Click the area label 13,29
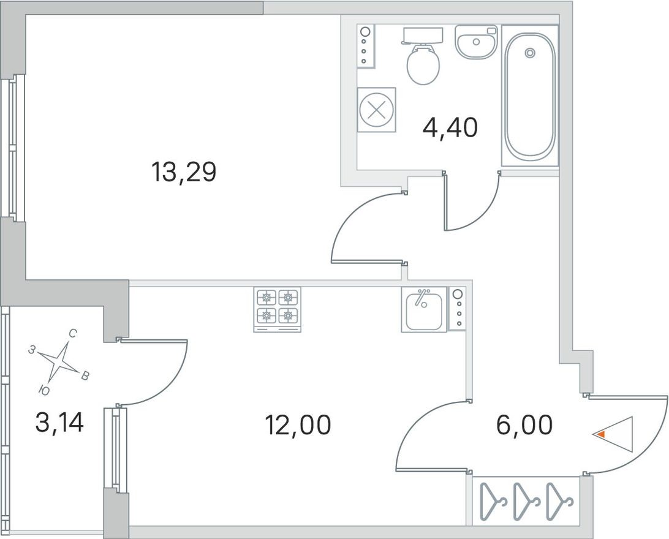[184, 173]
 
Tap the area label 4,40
[450, 128]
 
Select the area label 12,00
[298, 424]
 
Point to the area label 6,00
[526, 424]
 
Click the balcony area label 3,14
[59, 422]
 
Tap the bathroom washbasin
[477, 42]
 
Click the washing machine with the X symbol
[376, 110]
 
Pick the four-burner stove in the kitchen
[278, 309]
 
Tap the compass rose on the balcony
[60, 361]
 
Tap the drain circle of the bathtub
[530, 53]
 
